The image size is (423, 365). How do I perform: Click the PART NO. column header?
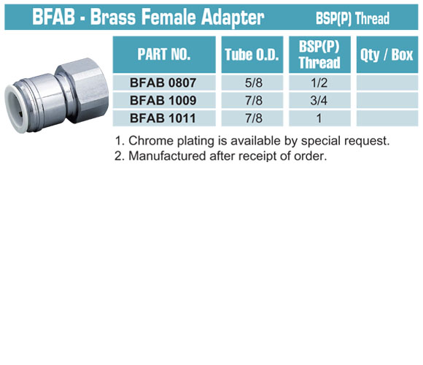164,54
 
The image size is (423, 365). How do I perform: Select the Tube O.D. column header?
252,54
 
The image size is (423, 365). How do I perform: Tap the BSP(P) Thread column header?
319,54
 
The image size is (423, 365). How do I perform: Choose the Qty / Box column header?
387,54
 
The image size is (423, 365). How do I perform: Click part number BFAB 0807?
163,82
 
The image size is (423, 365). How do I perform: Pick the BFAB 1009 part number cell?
163,101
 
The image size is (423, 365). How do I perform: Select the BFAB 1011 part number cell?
163,118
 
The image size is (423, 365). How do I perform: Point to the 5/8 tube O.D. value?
254,82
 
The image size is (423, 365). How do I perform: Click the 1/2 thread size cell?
319,82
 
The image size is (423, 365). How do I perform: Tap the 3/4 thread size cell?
319,101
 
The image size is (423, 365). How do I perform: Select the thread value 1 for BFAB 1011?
319,118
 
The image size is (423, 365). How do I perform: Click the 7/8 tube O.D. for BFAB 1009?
254,101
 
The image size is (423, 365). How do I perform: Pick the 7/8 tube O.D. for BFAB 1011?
254,118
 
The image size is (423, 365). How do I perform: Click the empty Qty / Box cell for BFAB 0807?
387,82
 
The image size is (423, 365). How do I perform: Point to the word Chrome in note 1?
151,141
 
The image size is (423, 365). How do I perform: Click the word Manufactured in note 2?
167,155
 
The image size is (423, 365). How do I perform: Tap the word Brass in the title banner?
113,17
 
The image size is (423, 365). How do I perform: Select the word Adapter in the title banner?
233,18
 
